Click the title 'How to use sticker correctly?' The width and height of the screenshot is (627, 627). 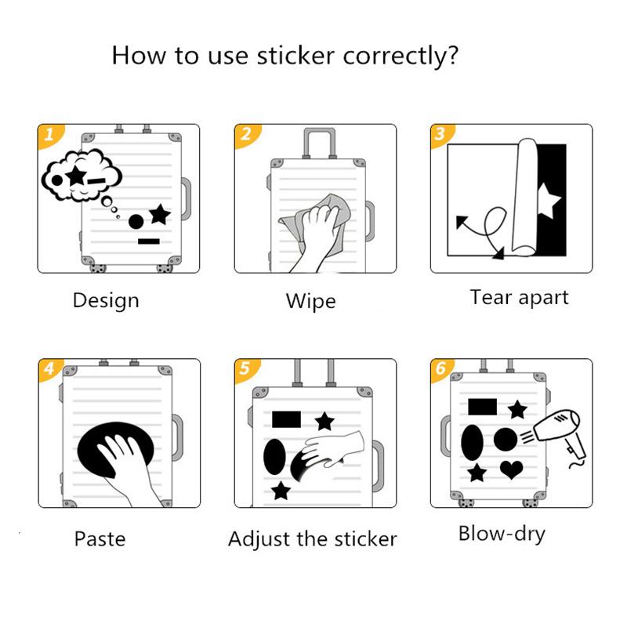(x=285, y=56)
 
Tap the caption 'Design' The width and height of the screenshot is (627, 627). (x=106, y=300)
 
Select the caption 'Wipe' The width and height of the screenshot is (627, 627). (x=310, y=301)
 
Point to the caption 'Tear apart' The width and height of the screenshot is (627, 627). (x=519, y=297)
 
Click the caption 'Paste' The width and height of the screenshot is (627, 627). (x=100, y=538)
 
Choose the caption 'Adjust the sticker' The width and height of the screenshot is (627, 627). (x=312, y=538)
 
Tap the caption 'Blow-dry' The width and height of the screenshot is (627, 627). (x=502, y=535)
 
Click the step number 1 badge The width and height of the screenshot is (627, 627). (x=49, y=135)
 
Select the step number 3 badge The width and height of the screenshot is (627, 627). (x=440, y=134)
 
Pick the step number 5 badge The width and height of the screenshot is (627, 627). (x=245, y=369)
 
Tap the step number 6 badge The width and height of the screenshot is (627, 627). (x=440, y=368)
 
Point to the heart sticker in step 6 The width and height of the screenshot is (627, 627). (x=512, y=469)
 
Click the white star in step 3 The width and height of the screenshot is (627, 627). (x=549, y=203)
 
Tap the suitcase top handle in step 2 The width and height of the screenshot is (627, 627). (x=318, y=143)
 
